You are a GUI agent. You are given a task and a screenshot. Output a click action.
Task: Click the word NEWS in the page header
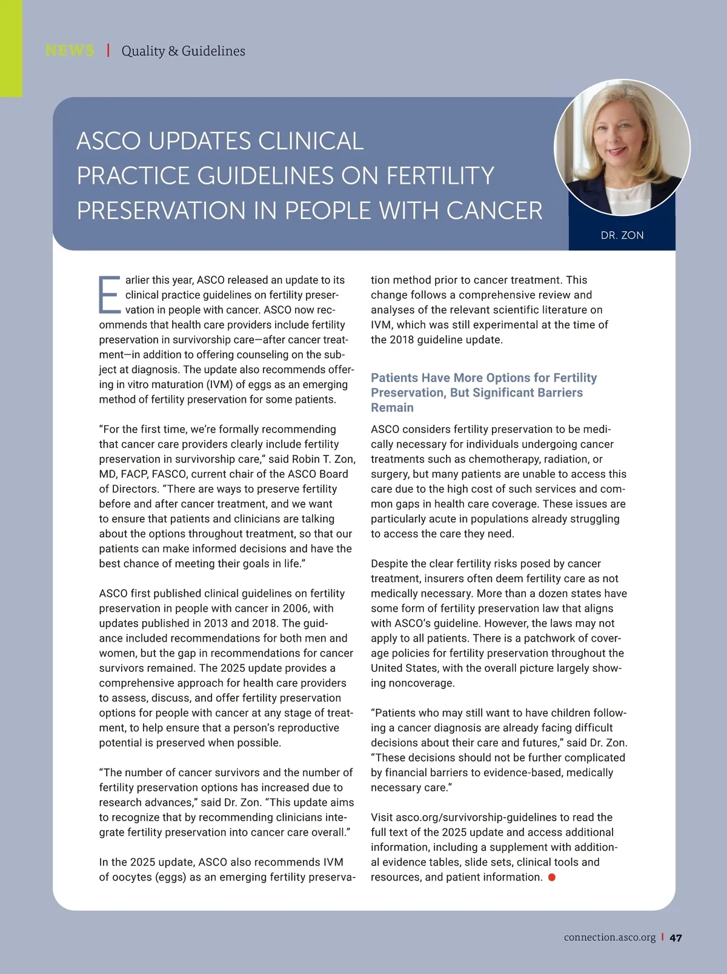pos(70,50)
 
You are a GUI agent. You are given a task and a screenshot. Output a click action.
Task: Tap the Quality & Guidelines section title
pos(183,51)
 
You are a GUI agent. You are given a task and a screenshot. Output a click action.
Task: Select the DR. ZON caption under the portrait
pos(622,235)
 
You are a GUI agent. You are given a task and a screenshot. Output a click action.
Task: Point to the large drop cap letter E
pos(110,295)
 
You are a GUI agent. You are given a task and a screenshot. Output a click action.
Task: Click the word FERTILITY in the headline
pos(440,176)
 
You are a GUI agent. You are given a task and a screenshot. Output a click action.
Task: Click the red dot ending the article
pos(551,877)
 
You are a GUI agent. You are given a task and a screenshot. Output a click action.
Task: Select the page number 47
pos(676,938)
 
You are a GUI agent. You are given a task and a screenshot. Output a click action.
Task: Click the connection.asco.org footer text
pos(609,938)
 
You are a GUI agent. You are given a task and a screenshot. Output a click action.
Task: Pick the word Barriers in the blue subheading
pos(558,392)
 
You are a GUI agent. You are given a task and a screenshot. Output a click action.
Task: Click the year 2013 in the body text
pos(216,623)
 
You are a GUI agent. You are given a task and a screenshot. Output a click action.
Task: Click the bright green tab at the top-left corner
pos(11,49)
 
